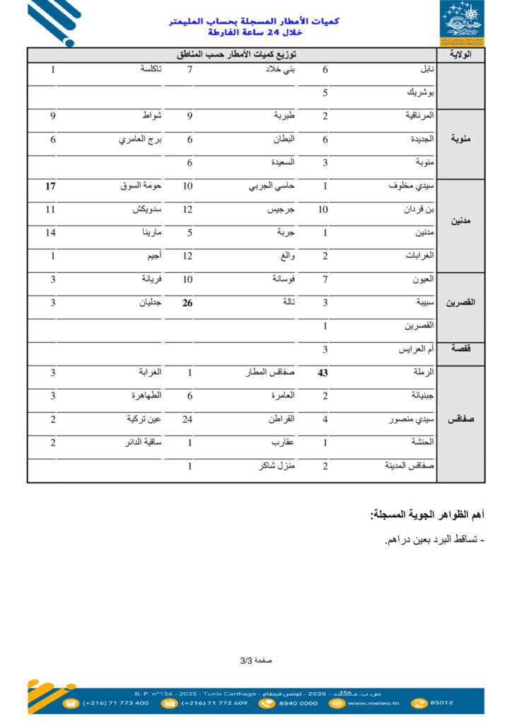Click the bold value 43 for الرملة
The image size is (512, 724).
322,373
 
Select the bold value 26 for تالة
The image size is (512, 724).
187,303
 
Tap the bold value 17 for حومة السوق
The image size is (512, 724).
51,187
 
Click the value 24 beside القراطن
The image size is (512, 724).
188,419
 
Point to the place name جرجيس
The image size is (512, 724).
281,210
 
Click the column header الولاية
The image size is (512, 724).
461,54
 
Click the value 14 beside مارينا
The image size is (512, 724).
51,233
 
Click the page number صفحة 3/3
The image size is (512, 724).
256,660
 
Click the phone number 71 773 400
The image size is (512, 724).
116,703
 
